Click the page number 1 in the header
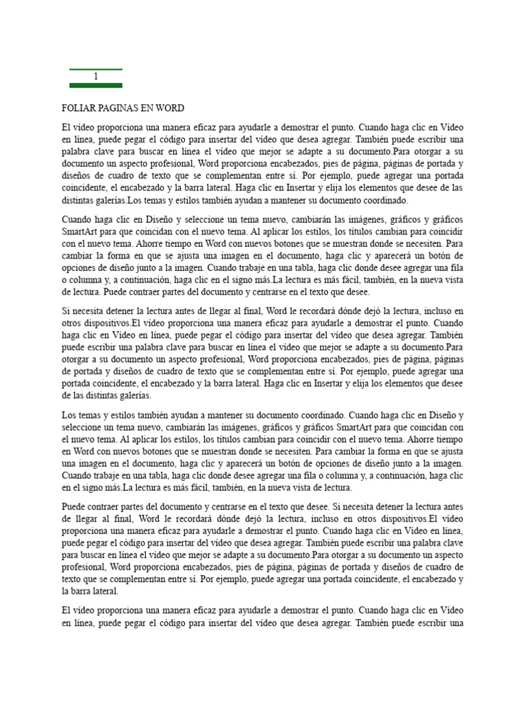(96, 77)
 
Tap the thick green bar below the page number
(96, 86)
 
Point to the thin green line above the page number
(96, 69)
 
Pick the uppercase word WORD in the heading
(171, 109)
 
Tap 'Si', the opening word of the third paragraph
(66, 311)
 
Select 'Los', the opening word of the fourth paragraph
(70, 415)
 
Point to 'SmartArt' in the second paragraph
(82, 231)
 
